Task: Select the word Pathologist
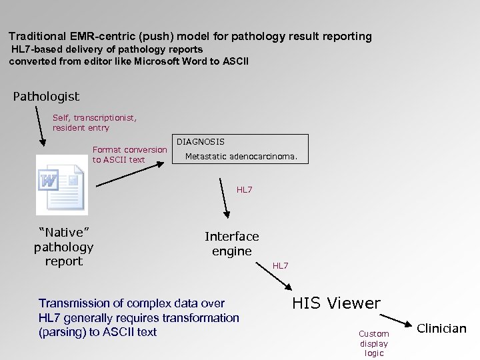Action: pos(46,97)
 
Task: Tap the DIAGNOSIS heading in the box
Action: pos(200,142)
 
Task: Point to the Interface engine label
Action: pos(231,244)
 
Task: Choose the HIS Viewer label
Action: pos(336,303)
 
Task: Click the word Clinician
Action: pos(441,328)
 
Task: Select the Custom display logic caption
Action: pos(373,343)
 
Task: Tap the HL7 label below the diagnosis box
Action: pos(245,190)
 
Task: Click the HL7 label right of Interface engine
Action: pos(281,266)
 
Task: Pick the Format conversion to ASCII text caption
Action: pos(129,155)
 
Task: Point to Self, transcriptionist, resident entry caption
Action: pos(95,123)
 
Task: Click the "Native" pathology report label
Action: pos(63,247)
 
